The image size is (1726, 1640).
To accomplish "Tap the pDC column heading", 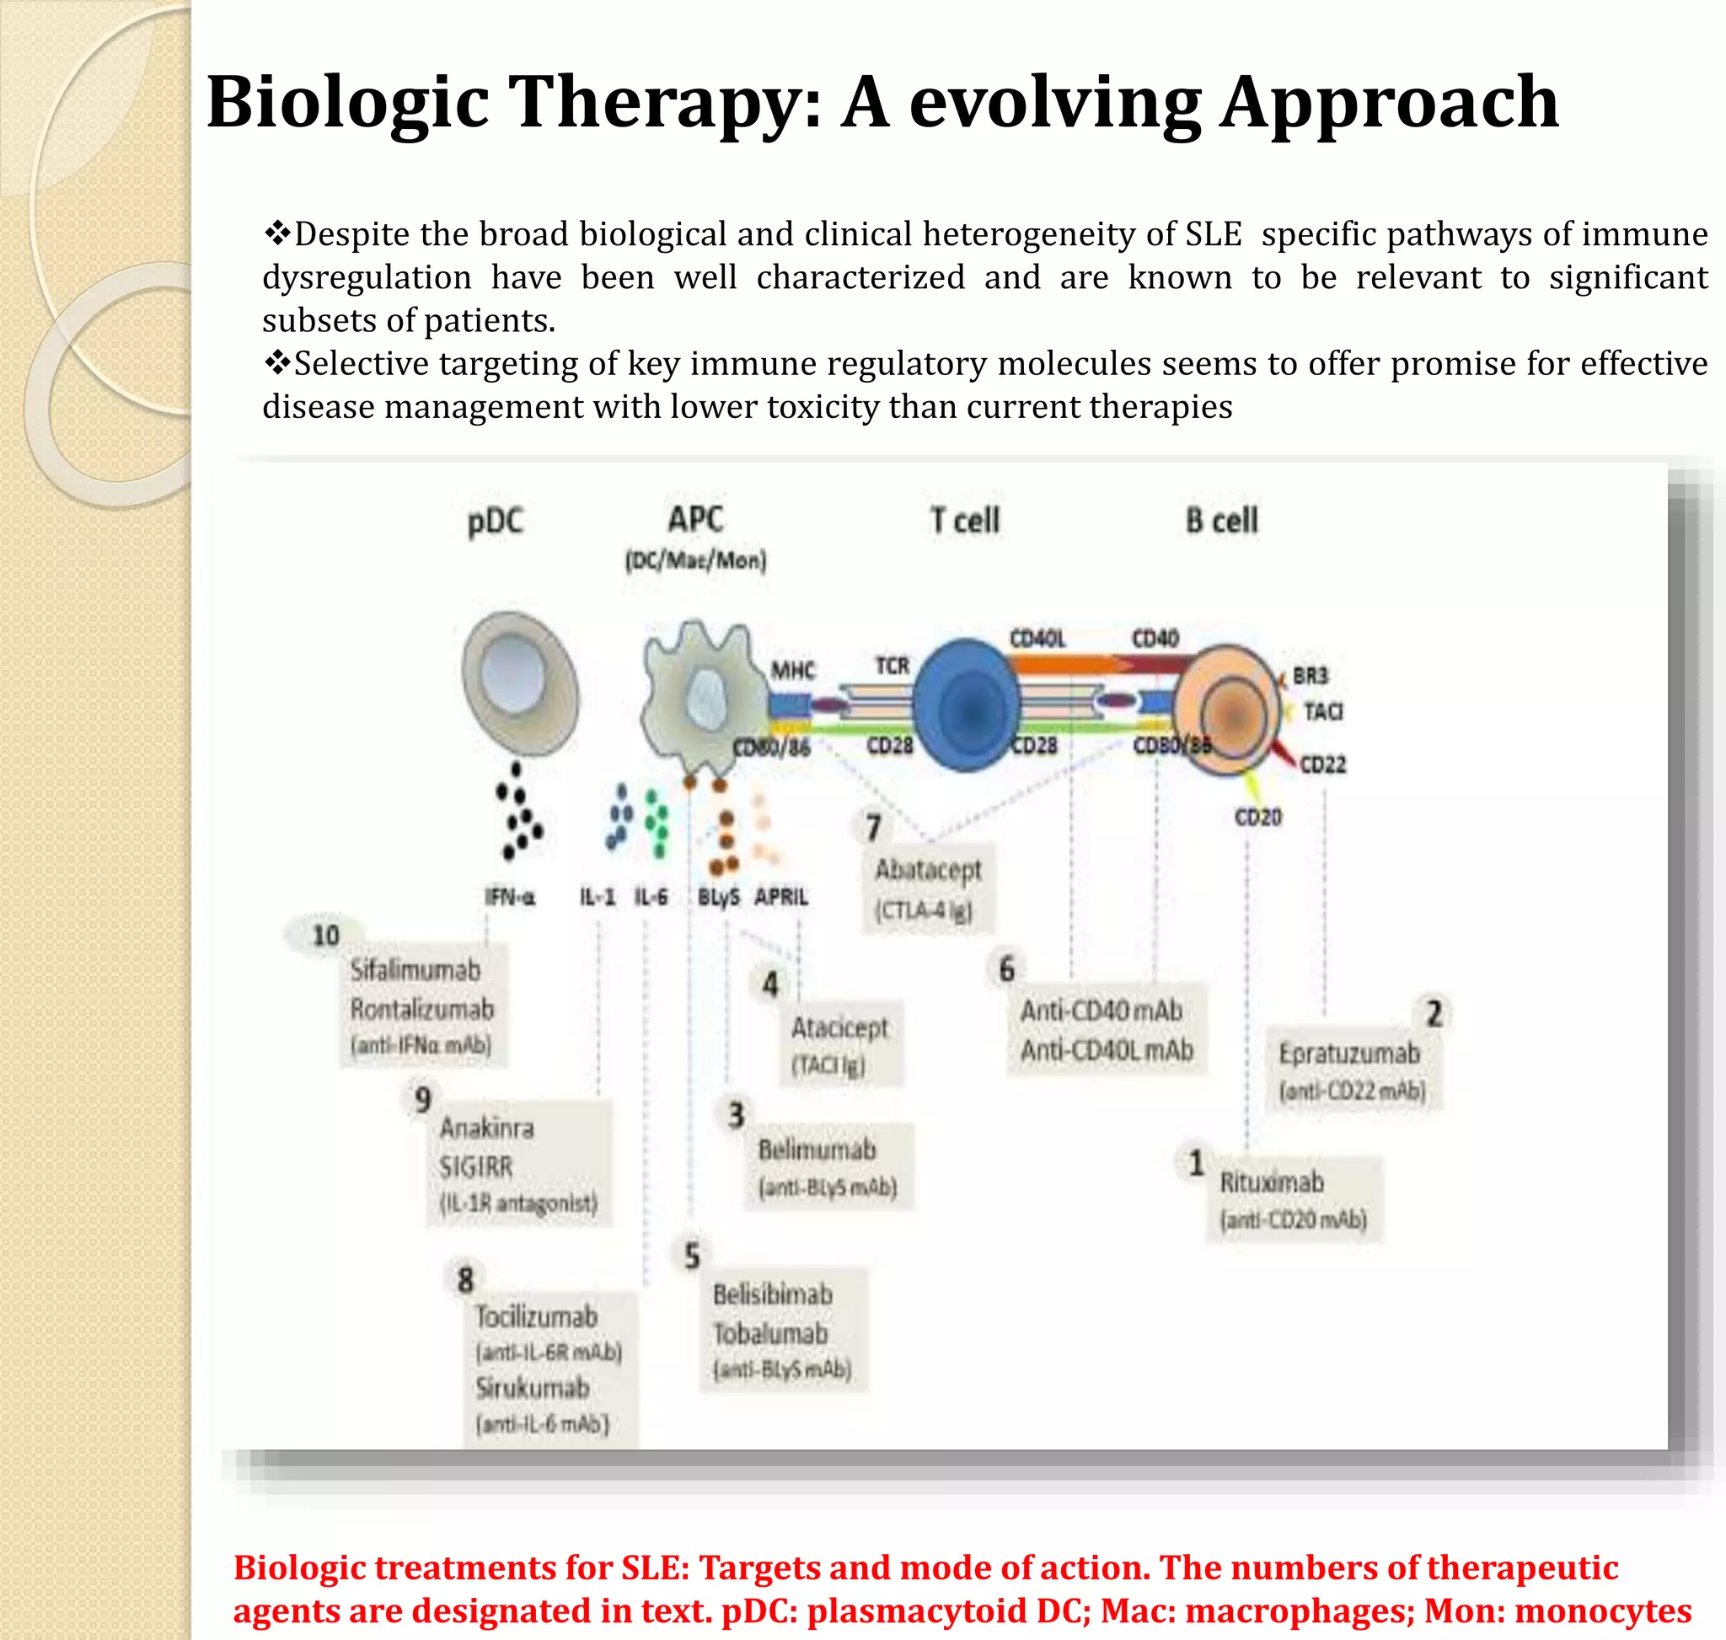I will [x=495, y=522].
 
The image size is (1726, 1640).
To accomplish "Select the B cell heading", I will [x=1220, y=521].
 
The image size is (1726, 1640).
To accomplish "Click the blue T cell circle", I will [x=967, y=705].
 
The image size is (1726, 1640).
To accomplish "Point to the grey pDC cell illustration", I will [x=521, y=682].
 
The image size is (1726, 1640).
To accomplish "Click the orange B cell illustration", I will [x=1226, y=710].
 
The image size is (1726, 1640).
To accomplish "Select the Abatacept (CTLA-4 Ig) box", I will [x=928, y=888].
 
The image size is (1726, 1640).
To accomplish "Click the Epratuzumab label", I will [x=1348, y=1053].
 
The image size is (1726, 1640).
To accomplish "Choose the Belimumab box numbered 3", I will [x=827, y=1166].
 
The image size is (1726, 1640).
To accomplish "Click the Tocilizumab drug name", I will [x=536, y=1316].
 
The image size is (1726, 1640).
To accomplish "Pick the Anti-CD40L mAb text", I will [x=1106, y=1050].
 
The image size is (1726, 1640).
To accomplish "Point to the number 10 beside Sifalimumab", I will [x=325, y=935].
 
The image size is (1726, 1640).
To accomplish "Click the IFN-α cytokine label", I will [x=510, y=897].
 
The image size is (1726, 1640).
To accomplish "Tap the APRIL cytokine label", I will [x=780, y=897].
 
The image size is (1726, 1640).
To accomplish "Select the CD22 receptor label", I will [x=1322, y=765].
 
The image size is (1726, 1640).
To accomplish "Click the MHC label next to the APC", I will [x=792, y=671].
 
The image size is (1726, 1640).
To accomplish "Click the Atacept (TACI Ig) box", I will [x=839, y=1045].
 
